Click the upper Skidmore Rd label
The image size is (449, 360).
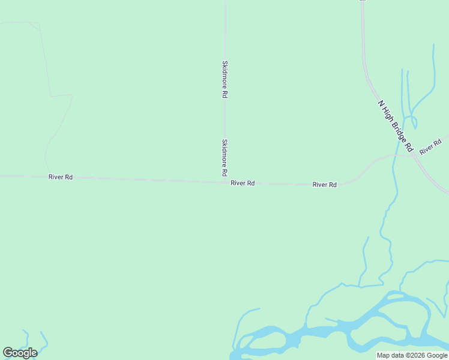point(224,79)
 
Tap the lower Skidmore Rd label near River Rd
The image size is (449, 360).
point(224,157)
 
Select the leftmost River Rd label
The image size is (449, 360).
point(61,177)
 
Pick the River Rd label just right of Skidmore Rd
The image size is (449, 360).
point(243,183)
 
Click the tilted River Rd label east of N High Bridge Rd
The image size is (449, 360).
point(430,146)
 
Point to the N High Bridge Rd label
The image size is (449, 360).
point(396,125)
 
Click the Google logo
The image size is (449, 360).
point(20,353)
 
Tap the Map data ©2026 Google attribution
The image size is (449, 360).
point(412,355)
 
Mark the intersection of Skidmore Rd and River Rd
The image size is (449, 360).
point(225,181)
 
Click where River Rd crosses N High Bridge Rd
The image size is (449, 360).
point(415,155)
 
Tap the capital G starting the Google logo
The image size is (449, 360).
point(8,353)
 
